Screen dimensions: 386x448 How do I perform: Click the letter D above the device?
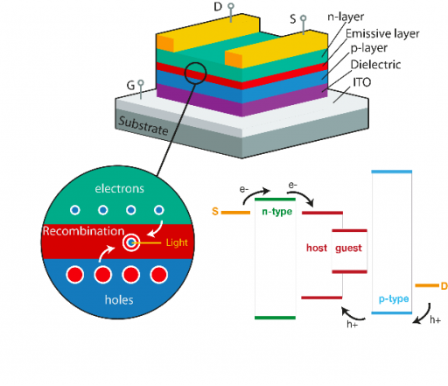[x=218, y=8]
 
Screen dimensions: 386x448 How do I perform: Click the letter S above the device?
[x=292, y=18]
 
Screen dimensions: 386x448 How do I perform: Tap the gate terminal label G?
[x=130, y=86]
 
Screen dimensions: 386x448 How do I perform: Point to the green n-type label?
[x=276, y=213]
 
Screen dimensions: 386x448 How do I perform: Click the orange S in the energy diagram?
[x=215, y=211]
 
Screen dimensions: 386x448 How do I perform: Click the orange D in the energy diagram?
[x=444, y=285]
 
